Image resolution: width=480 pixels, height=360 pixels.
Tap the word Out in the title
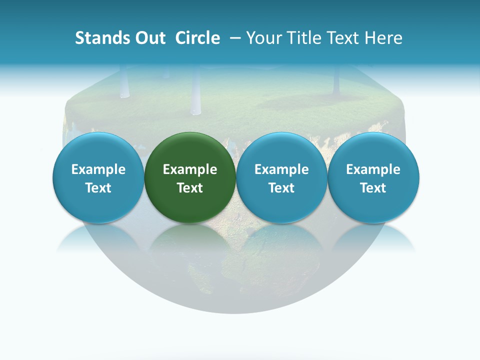[x=149, y=38]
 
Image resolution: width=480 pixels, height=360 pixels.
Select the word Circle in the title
[x=197, y=38]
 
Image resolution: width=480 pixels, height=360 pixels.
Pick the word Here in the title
[x=383, y=38]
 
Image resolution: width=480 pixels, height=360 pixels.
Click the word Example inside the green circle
[x=190, y=169]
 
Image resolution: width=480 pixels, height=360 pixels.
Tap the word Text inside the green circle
[x=190, y=188]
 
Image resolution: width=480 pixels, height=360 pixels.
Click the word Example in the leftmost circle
[x=98, y=169]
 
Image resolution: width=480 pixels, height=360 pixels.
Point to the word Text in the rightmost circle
[x=373, y=188]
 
